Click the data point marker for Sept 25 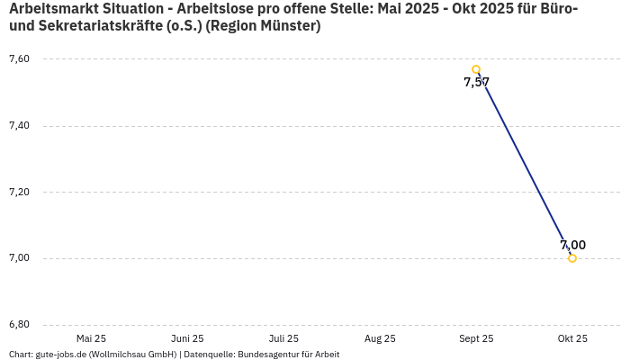(476, 69)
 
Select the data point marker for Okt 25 (572, 258)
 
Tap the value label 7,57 (476, 83)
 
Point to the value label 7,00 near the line (572, 245)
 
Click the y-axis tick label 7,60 (19, 59)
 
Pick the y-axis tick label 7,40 (19, 126)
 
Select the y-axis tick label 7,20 (19, 193)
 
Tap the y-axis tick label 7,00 (19, 258)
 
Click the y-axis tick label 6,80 (19, 325)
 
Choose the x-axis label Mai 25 (91, 339)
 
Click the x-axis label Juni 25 (187, 339)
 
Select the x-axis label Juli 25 (283, 339)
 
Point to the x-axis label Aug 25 (380, 339)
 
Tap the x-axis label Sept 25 (476, 339)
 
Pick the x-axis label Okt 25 (572, 339)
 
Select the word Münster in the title (286, 26)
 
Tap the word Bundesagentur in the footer (267, 355)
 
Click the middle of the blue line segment (525, 164)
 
